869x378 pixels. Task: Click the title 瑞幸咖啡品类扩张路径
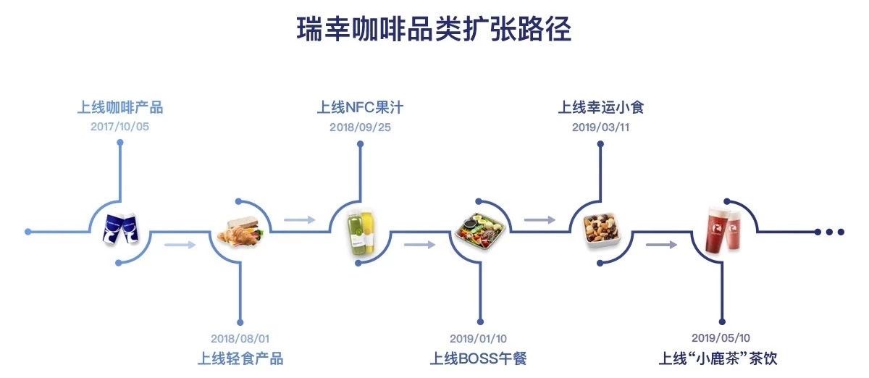coord(434,29)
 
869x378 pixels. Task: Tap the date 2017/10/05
coord(120,127)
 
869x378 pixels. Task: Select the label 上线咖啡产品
coord(120,107)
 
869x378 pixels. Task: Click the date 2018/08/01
coord(240,338)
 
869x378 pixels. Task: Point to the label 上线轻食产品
coord(240,358)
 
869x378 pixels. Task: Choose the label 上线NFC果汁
coord(360,107)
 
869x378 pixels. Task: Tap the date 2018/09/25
coord(361,127)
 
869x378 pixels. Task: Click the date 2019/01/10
coord(479,338)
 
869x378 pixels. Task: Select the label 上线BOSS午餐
coord(479,358)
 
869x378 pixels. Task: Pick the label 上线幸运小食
coord(601,107)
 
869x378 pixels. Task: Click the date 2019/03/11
coord(601,127)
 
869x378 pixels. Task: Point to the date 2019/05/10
coord(721,337)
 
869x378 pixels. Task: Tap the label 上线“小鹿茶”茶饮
coord(718,358)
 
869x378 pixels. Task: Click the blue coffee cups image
coord(121,229)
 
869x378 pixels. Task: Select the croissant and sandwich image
coord(240,232)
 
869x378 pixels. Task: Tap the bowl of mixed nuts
coord(601,230)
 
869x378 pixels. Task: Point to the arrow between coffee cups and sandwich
coord(180,245)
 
